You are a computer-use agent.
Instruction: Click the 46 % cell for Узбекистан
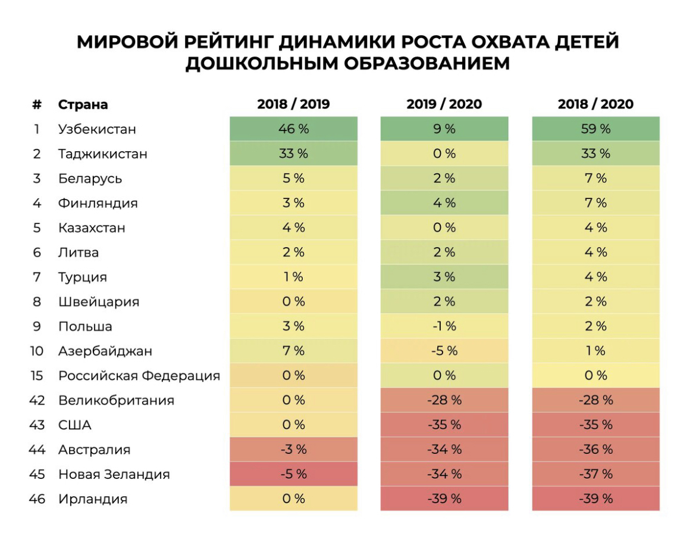pyautogui.click(x=293, y=129)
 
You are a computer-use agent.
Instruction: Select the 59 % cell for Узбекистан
pyautogui.click(x=595, y=129)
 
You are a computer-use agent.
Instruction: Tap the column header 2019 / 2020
pyautogui.click(x=444, y=104)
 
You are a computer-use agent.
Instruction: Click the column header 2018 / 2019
pyautogui.click(x=293, y=104)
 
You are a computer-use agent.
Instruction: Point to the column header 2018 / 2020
pyautogui.click(x=595, y=104)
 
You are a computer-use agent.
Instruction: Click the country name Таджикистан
pyautogui.click(x=102, y=154)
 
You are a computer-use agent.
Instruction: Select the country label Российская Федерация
pyautogui.click(x=139, y=376)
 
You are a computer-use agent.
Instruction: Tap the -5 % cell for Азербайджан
pyautogui.click(x=444, y=351)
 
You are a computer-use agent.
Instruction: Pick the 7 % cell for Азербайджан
pyautogui.click(x=293, y=351)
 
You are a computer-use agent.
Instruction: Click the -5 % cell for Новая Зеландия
pyautogui.click(x=293, y=474)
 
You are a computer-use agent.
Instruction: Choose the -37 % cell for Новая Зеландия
pyautogui.click(x=595, y=474)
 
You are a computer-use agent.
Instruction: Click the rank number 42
pyautogui.click(x=37, y=400)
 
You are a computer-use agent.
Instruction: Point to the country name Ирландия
pyautogui.click(x=93, y=499)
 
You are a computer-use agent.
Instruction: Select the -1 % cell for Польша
pyautogui.click(x=444, y=326)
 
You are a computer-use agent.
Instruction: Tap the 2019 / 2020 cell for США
pyautogui.click(x=444, y=425)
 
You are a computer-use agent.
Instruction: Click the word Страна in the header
pyautogui.click(x=83, y=105)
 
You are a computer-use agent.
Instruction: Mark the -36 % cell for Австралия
pyautogui.click(x=595, y=450)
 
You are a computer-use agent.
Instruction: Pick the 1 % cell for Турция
pyautogui.click(x=293, y=277)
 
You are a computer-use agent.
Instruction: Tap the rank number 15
pyautogui.click(x=37, y=376)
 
